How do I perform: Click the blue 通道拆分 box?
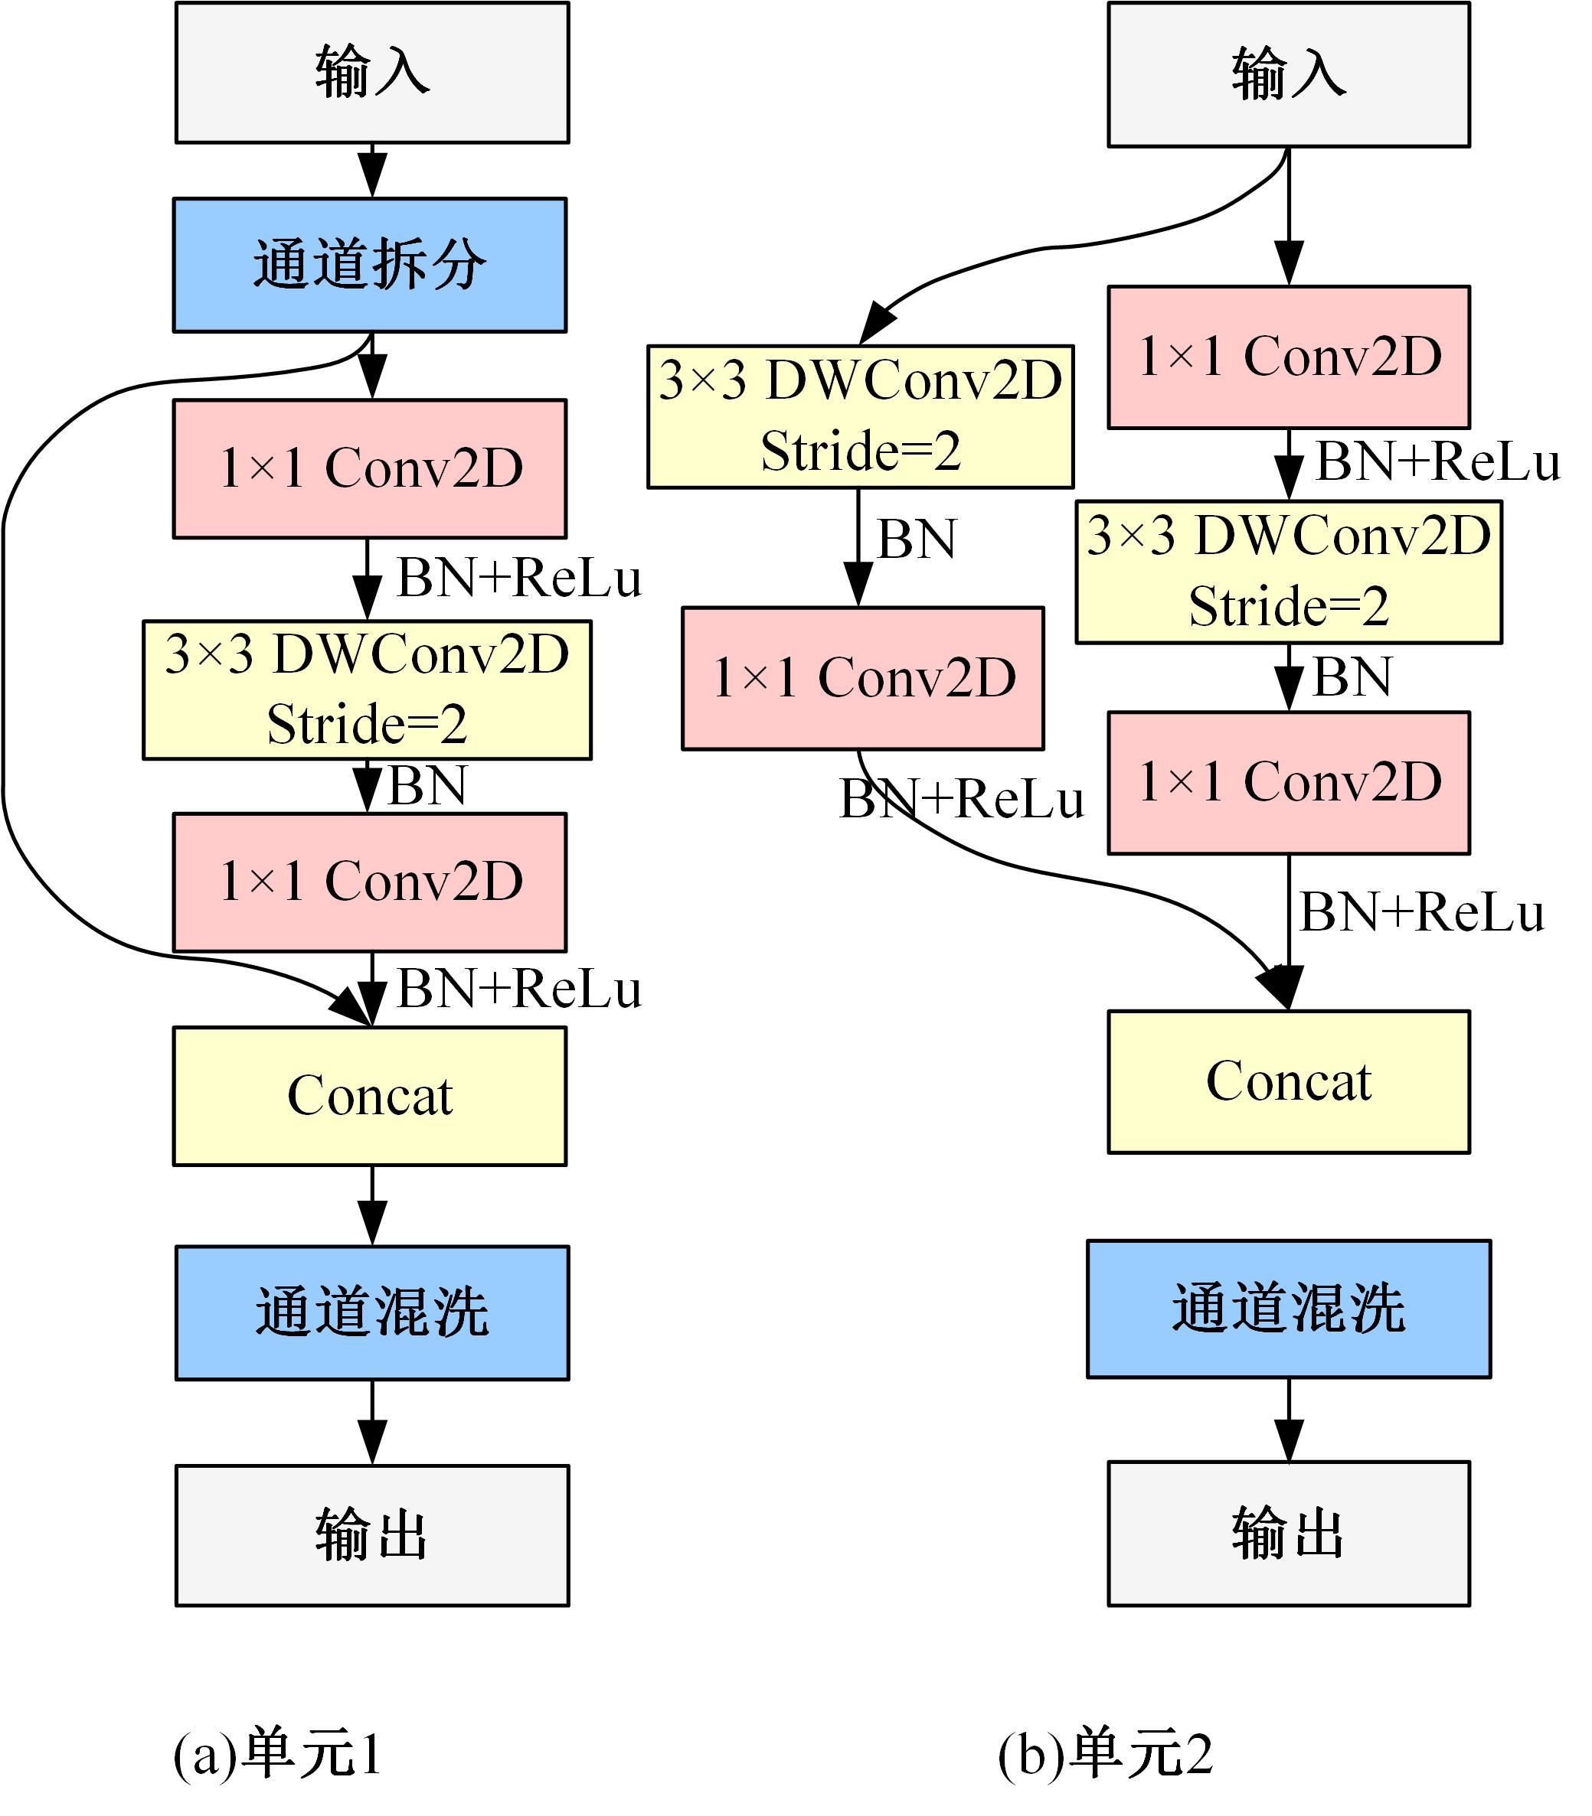click(370, 265)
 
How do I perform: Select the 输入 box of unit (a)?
click(371, 72)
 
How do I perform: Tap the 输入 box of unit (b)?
click(1288, 73)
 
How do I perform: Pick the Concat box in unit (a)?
click(370, 1096)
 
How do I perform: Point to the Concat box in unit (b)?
click(1288, 1081)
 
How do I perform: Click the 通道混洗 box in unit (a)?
click(371, 1312)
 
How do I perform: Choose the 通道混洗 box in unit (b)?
click(1288, 1309)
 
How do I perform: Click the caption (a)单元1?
click(277, 1754)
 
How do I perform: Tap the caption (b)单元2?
click(1104, 1754)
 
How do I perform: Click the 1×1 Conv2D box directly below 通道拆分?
click(370, 468)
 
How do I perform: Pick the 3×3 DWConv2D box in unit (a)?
click(367, 689)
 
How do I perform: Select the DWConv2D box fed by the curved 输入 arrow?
click(860, 416)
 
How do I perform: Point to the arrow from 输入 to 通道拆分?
click(371, 171)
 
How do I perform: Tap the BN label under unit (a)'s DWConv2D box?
click(427, 786)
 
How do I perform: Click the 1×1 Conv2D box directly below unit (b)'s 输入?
click(1288, 356)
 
